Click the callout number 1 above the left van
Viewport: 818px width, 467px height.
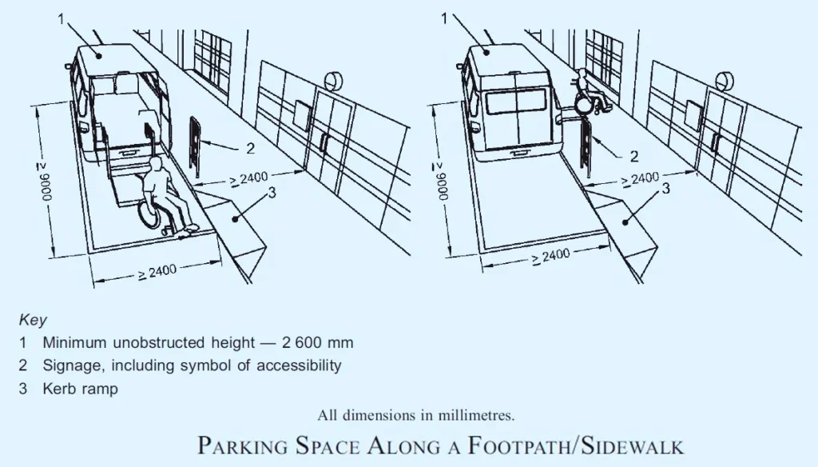click(62, 18)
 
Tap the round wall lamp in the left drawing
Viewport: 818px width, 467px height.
click(336, 81)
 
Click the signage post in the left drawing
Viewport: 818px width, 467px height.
click(194, 144)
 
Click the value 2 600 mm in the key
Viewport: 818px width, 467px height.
click(317, 343)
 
